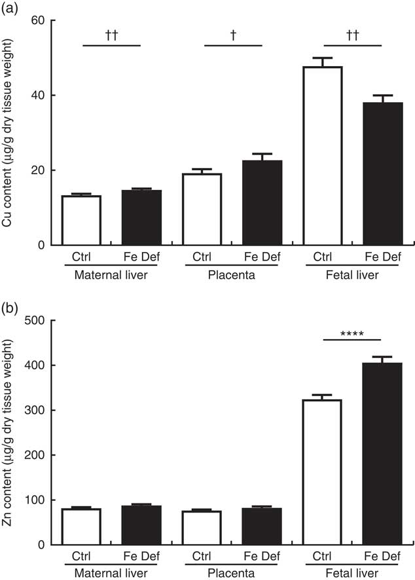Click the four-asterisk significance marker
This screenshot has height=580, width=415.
(x=352, y=333)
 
